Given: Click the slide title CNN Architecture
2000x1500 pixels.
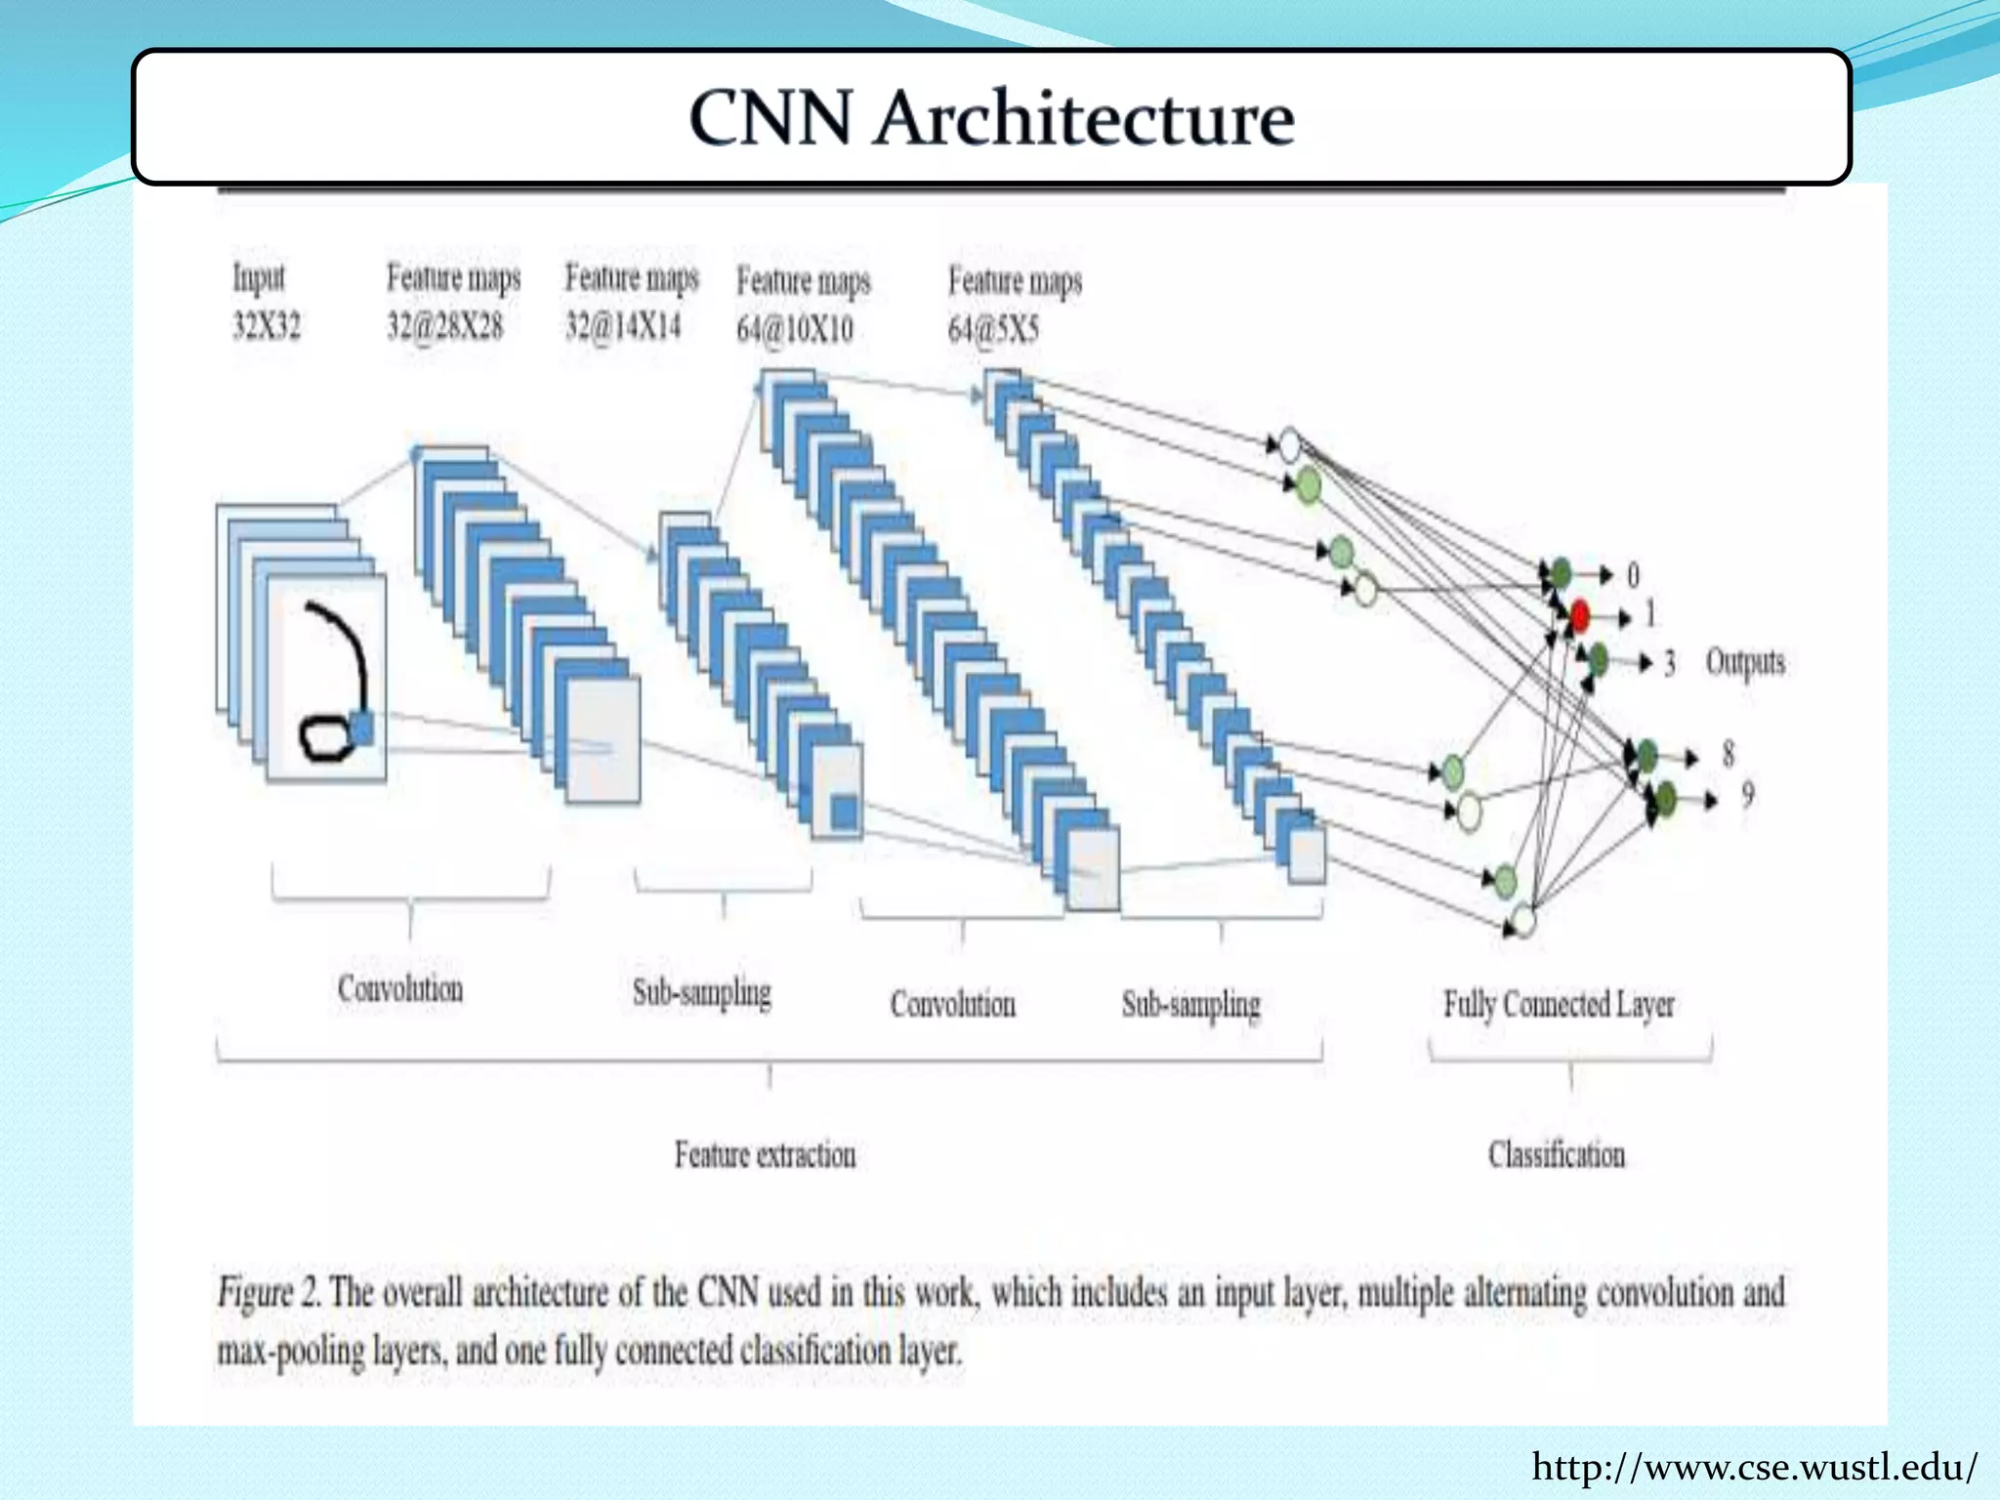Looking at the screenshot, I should click(991, 118).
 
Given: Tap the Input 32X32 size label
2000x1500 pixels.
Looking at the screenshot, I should click(266, 325).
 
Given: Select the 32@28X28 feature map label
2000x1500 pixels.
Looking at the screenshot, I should click(444, 325).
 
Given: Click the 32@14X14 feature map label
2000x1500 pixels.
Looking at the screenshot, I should click(623, 325).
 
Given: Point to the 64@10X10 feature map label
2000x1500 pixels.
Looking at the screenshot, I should click(794, 329).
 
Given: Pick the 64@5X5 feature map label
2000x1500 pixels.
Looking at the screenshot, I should click(993, 330).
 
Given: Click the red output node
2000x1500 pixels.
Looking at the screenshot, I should click(1579, 616).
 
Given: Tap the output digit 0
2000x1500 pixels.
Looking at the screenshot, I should click(1633, 575).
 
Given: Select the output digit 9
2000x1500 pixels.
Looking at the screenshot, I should click(1747, 796).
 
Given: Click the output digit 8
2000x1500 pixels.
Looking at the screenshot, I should click(1728, 754).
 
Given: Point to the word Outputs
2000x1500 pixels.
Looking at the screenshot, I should click(1744, 662).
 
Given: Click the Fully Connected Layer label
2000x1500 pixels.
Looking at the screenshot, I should click(1559, 1004).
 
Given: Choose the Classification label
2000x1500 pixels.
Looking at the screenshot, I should click(1557, 1154).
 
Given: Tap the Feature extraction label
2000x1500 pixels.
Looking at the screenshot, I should click(765, 1154).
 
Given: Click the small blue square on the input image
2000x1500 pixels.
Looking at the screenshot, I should click(361, 729).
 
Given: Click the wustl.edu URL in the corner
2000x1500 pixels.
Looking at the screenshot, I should click(1754, 1467).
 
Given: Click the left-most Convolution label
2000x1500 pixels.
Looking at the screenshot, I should click(400, 988).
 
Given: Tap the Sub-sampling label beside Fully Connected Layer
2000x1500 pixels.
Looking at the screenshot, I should click(1190, 1004).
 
